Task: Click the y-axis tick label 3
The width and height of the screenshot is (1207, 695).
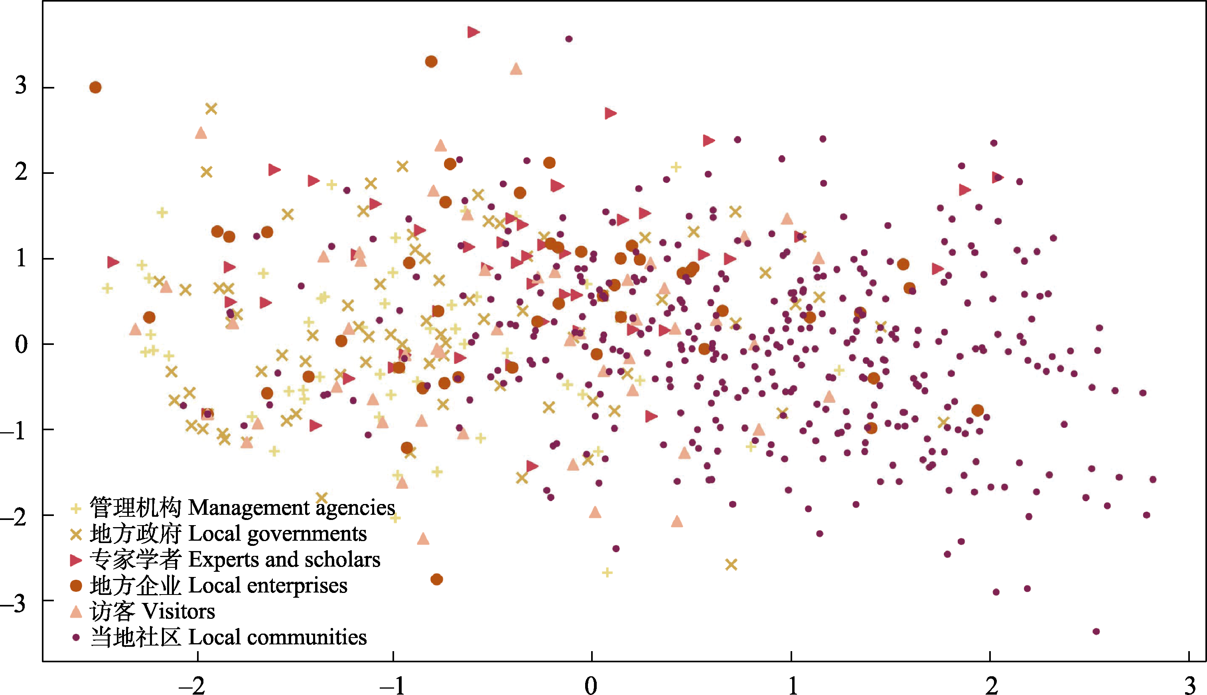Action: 20,86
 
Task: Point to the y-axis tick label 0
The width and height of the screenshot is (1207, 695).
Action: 20,344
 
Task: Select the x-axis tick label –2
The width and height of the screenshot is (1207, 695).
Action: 191,685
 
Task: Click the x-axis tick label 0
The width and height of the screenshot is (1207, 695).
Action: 591,685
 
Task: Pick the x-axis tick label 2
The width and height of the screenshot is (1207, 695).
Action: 992,685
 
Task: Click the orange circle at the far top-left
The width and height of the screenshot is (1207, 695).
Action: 95,87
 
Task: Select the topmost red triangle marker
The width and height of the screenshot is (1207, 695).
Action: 473,32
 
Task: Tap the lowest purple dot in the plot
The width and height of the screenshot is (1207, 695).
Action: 1096,632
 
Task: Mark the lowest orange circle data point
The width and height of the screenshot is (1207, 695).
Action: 436,579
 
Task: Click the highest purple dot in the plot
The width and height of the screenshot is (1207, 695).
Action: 569,39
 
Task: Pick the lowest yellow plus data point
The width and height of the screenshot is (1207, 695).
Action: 607,572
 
